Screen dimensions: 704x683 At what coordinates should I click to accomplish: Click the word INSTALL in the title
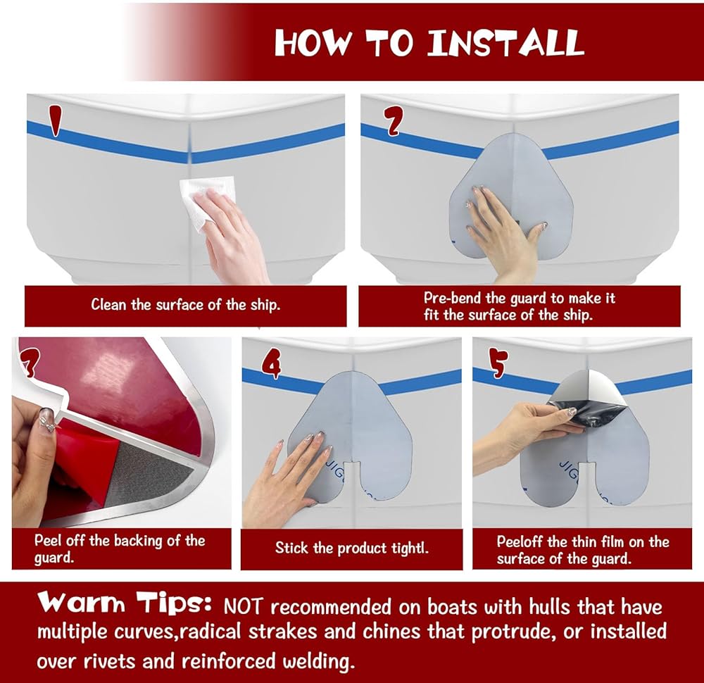point(505,43)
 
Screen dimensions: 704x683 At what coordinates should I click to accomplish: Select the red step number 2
point(394,121)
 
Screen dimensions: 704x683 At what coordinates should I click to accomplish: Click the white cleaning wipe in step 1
point(208,202)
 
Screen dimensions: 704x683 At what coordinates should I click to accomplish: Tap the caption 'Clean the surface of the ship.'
point(185,305)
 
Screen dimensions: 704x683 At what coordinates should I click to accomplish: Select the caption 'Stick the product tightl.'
point(351,549)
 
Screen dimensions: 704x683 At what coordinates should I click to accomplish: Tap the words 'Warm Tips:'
point(125,602)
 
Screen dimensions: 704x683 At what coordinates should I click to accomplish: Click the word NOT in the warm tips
point(243,607)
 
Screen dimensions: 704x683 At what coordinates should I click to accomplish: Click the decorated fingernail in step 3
point(48,420)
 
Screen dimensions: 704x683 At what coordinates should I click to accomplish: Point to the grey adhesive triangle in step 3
point(148,476)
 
